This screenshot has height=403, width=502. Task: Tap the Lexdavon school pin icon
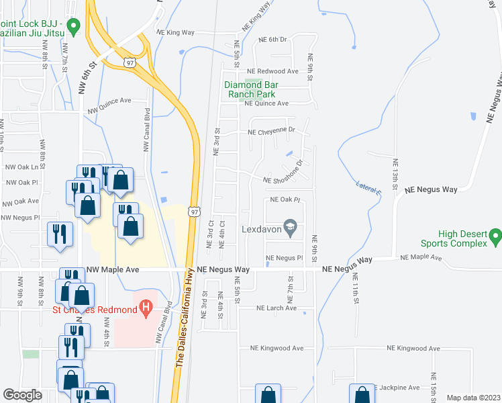pos(291,227)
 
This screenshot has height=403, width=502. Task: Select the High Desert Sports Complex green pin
pos(495,236)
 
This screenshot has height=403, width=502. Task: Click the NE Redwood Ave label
pos(272,71)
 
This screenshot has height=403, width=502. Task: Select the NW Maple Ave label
pos(113,269)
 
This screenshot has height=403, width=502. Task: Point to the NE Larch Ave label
pos(276,308)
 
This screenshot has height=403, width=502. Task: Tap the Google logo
pos(22,396)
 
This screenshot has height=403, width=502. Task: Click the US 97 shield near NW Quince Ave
pos(128,62)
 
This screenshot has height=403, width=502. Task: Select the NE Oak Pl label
pos(284,200)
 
